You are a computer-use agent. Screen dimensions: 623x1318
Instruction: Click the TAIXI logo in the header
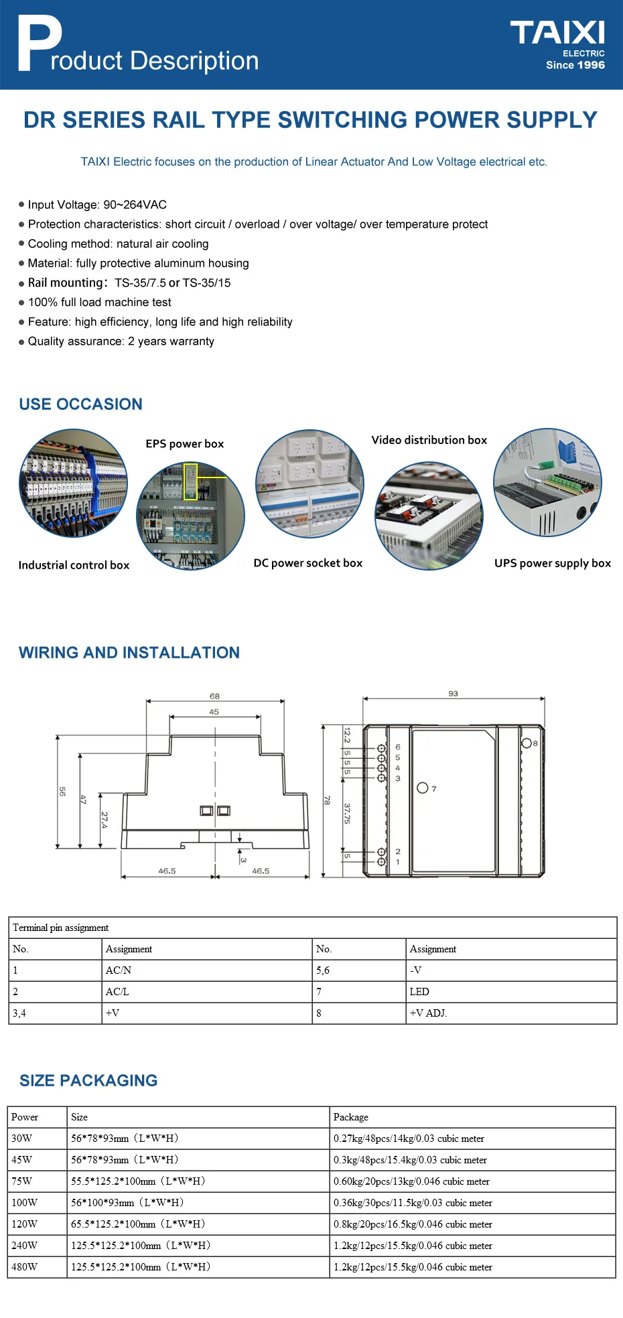click(x=557, y=32)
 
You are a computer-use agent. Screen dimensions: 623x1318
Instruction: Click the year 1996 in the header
click(x=591, y=65)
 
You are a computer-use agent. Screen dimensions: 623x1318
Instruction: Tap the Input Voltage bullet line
click(x=93, y=205)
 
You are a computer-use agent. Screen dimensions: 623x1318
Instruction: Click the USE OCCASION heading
click(x=81, y=404)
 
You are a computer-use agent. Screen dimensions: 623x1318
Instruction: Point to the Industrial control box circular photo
click(x=73, y=483)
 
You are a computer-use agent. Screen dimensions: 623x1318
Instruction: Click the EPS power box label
click(x=185, y=443)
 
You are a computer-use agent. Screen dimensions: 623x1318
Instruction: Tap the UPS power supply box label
click(x=553, y=563)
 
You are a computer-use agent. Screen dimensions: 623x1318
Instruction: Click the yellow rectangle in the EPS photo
click(x=191, y=482)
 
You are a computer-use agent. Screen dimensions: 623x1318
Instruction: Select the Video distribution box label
click(x=429, y=440)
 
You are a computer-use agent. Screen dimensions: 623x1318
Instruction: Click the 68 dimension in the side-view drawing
click(x=214, y=697)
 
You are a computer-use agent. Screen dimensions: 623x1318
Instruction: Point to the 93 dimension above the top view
click(x=454, y=693)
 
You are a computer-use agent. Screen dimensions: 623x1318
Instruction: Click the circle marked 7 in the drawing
click(x=423, y=788)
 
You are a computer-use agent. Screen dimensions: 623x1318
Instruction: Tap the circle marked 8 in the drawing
click(x=527, y=743)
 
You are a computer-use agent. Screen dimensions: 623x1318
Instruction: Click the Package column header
click(x=351, y=1117)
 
